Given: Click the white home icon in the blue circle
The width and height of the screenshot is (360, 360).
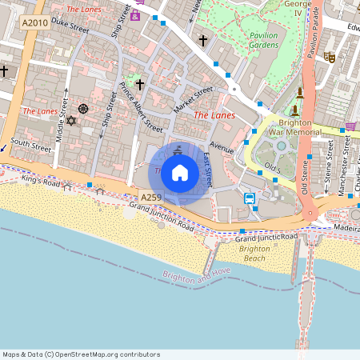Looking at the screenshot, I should (x=180, y=171).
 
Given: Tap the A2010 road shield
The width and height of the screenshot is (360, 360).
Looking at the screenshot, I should (x=36, y=22).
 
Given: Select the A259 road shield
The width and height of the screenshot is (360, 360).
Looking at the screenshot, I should (x=151, y=197).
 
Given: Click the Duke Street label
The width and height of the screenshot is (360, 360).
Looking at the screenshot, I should (x=70, y=26).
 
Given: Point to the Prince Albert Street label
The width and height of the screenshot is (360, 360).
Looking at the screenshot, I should (x=141, y=106).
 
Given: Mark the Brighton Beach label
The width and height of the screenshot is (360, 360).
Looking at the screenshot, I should (x=255, y=254).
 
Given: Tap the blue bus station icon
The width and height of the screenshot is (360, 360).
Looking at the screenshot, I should (x=250, y=198).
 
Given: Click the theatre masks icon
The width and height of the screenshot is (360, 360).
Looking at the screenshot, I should (x=329, y=57).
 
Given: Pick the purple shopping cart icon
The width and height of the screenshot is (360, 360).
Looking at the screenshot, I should (x=350, y=126).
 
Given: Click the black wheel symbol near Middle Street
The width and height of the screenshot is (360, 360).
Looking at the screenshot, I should (x=82, y=109).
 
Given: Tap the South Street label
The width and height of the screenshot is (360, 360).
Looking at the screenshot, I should (x=31, y=145).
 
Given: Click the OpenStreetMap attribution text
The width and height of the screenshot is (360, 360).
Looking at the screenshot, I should (x=81, y=354).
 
